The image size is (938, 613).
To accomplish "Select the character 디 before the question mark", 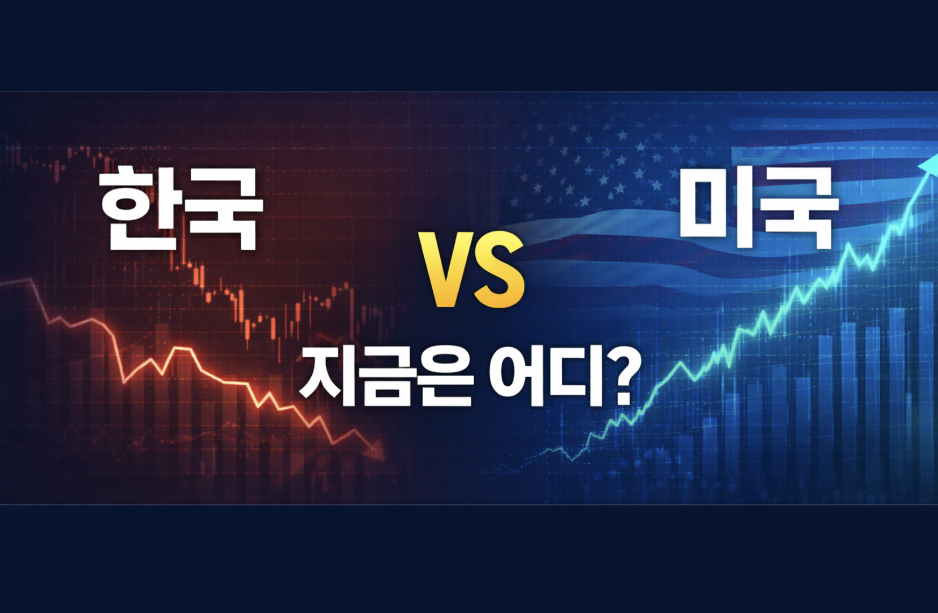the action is click(x=576, y=377).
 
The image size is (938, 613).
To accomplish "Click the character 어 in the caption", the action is click(x=517, y=377).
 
